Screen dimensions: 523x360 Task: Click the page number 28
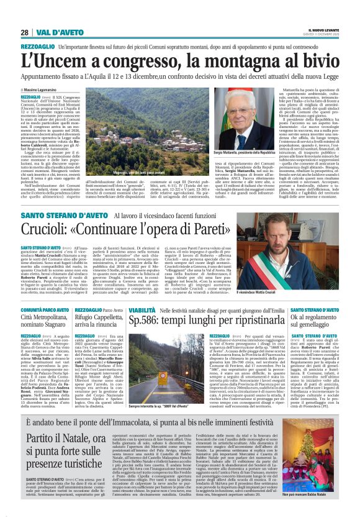click(x=25, y=32)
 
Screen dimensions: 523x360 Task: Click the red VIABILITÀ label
click(x=142, y=309)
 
